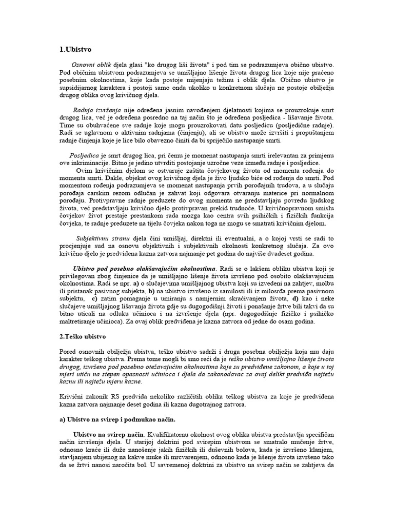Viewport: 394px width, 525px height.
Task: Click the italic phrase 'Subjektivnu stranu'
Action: [x=100, y=238]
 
